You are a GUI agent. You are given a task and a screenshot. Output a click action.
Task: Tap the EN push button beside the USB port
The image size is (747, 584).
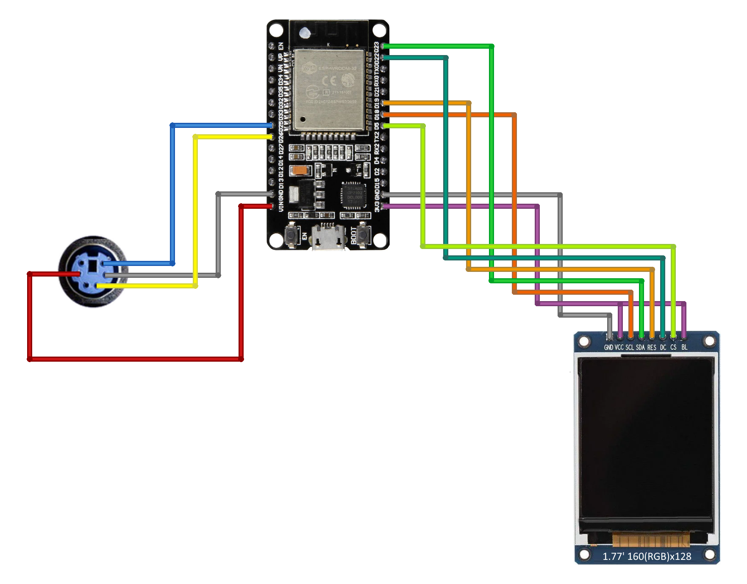click(291, 236)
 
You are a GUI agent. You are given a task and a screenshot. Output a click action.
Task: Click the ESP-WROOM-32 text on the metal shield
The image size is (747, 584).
click(337, 68)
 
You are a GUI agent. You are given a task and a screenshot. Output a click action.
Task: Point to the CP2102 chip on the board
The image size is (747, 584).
click(354, 195)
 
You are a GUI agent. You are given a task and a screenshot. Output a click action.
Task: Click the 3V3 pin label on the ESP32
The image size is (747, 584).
click(376, 206)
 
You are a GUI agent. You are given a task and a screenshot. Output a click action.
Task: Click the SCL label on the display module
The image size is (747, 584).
click(630, 347)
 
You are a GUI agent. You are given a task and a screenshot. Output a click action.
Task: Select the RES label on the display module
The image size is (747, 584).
click(652, 347)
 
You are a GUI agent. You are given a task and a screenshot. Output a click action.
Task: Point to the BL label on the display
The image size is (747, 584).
click(684, 347)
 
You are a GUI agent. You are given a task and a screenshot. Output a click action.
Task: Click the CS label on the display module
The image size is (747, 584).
click(673, 347)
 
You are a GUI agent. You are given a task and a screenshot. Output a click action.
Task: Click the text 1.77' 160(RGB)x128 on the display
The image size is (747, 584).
click(647, 556)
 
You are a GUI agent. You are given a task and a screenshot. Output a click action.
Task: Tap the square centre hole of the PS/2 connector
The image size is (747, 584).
click(93, 266)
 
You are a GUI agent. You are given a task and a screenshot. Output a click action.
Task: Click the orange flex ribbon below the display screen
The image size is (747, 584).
click(650, 540)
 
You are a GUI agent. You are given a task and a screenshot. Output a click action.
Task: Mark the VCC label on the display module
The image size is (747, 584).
click(619, 347)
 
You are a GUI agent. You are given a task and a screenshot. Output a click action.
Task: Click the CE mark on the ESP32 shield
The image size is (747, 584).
click(329, 80)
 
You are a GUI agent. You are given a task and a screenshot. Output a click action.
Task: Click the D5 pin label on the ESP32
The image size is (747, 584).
click(376, 126)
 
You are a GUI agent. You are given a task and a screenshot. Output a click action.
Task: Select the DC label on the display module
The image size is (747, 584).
click(663, 347)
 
